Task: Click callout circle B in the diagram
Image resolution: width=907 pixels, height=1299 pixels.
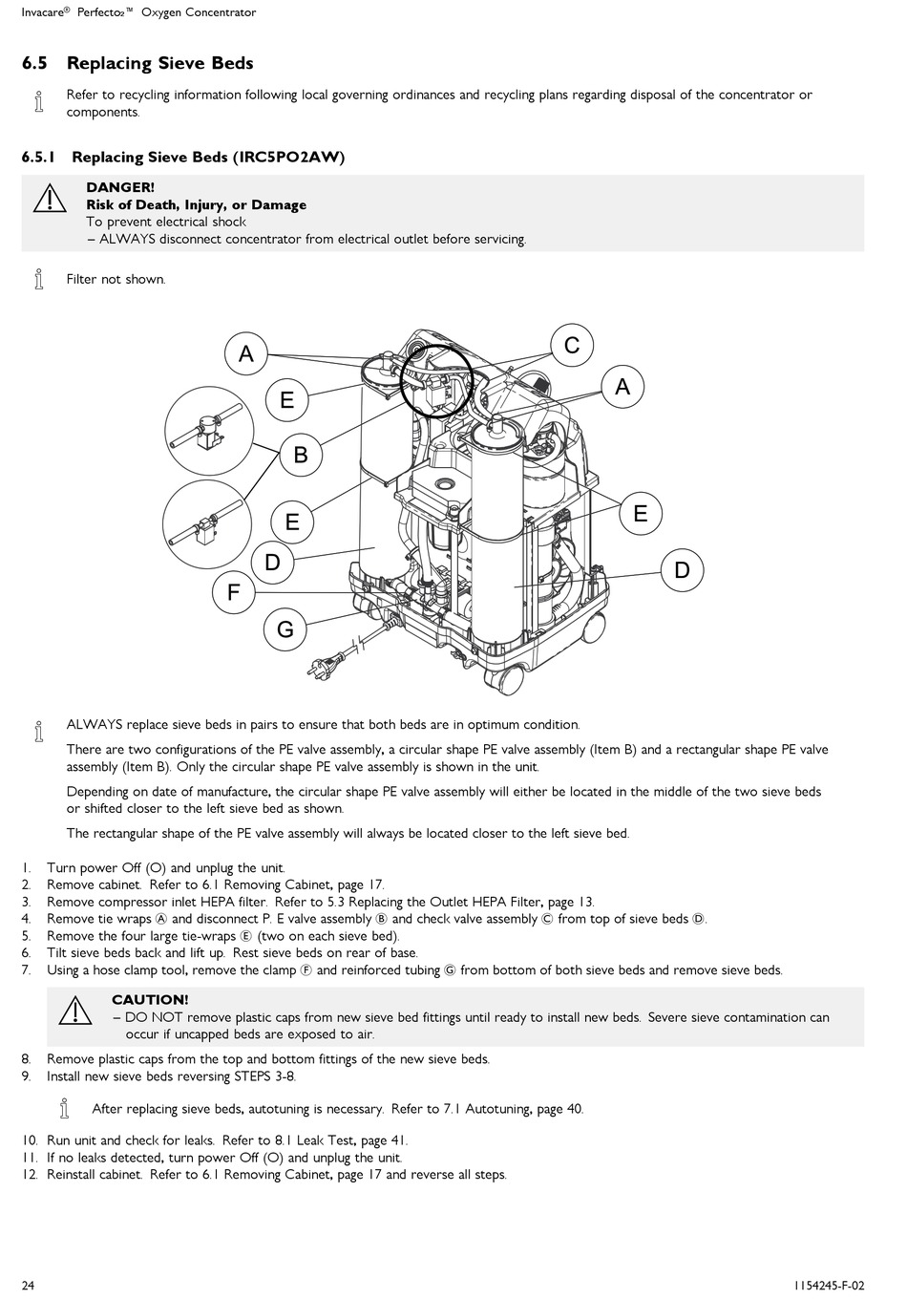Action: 301,455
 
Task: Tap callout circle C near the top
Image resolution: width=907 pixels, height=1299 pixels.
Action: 572,345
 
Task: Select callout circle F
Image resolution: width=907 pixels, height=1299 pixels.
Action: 234,593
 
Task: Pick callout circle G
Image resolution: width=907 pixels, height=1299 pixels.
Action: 285,629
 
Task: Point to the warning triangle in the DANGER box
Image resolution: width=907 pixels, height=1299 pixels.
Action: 48,199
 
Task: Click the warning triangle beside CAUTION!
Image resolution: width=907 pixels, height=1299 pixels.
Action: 74,1010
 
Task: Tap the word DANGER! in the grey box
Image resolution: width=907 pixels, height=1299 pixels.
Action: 120,187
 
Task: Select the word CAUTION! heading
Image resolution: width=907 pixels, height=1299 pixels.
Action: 150,1000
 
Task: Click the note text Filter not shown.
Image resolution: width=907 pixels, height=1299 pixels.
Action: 116,280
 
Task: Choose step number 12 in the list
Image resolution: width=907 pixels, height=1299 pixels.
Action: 30,1175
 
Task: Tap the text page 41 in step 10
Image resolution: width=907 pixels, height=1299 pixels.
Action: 384,1140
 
